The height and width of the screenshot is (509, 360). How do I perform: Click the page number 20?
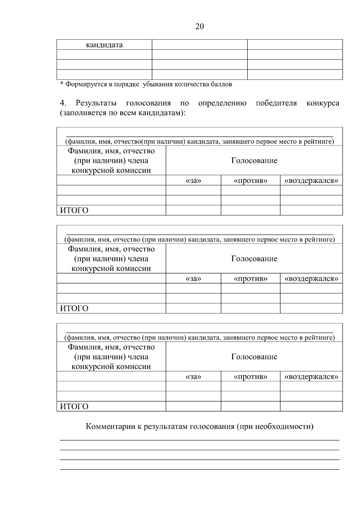pos(199,27)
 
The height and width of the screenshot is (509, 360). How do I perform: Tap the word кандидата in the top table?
pos(104,45)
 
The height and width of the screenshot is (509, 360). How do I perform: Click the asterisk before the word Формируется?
pos(61,84)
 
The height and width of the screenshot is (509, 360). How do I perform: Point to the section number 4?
pos(63,103)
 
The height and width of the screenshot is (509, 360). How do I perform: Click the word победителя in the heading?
pos(276,103)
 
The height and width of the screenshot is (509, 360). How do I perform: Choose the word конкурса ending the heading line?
pos(323,103)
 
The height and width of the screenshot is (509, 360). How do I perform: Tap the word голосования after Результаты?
pos(148,103)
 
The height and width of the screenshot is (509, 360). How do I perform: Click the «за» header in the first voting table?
pos(193,181)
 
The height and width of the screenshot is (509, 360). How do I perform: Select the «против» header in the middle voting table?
pos(250,279)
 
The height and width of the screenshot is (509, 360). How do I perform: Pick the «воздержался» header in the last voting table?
pos(311,377)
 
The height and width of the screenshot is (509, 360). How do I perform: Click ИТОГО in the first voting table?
pos(74,211)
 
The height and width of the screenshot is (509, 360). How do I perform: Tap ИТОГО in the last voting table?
pos(74,407)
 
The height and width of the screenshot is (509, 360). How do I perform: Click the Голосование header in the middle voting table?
pos(254,259)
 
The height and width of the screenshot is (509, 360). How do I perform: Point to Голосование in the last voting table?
pos(254,357)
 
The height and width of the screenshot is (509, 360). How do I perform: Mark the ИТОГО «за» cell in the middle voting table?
pos(193,308)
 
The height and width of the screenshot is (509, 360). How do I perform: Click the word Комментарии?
pos(111,427)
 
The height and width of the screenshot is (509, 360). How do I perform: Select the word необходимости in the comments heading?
pos(283,427)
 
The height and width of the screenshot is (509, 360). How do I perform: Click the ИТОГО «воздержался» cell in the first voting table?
pos(311,210)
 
